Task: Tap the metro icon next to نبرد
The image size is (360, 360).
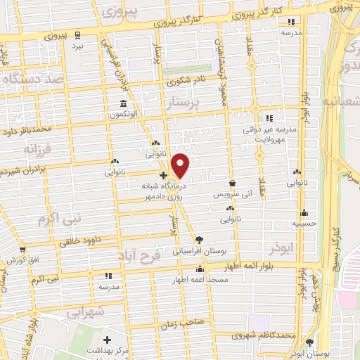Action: (78, 34)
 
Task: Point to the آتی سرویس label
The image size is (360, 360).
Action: (231, 192)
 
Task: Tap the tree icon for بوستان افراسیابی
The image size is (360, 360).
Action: (199, 240)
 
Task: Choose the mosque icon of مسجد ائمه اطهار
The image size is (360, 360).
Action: (200, 269)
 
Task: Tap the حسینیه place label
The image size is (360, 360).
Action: (304, 224)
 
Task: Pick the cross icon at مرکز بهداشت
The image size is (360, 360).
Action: (107, 340)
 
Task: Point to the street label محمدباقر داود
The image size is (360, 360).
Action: (27, 129)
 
